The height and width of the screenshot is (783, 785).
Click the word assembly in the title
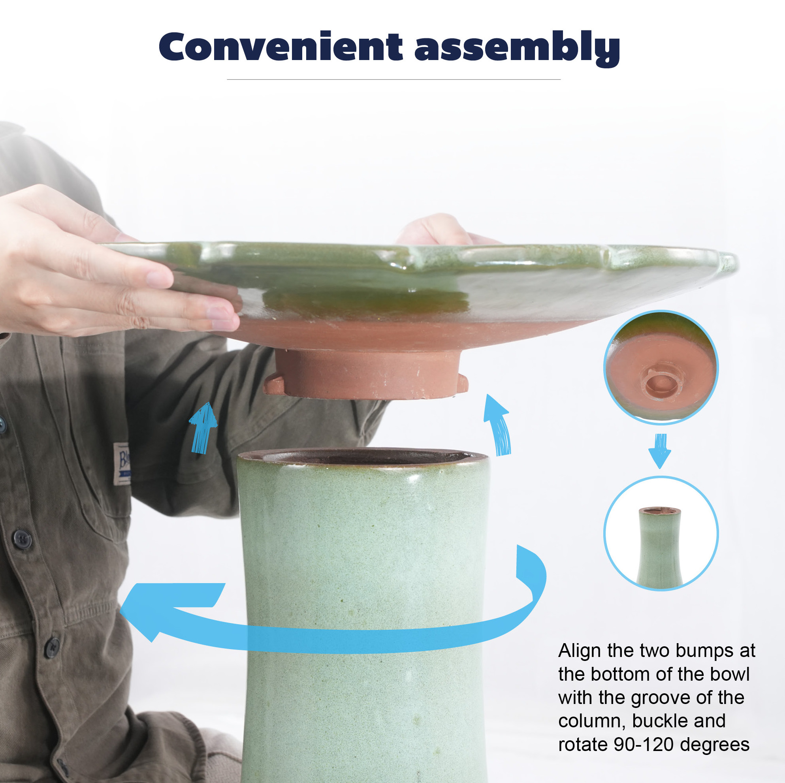(517, 48)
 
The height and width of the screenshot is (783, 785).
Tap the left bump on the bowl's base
(273, 384)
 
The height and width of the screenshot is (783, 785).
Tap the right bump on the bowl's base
(462, 384)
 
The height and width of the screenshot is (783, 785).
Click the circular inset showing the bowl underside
(661, 368)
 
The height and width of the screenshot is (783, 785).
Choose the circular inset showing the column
(661, 533)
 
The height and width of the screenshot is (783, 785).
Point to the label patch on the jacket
(122, 464)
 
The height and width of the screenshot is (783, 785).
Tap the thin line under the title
(393, 80)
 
